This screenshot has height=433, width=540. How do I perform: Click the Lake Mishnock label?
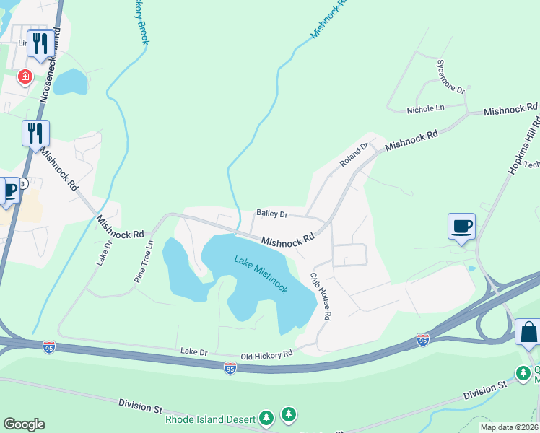pyautogui.click(x=261, y=274)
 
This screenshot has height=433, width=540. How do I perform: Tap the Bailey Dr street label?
pyautogui.click(x=272, y=214)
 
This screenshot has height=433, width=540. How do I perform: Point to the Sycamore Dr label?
pyautogui.click(x=450, y=76)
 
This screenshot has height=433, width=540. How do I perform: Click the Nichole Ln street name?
pyautogui.click(x=425, y=109)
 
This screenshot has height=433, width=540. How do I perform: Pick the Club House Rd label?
pyautogui.click(x=321, y=296)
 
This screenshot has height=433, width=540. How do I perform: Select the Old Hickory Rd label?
pyautogui.click(x=266, y=354)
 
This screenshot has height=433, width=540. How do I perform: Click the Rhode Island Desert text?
pyautogui.click(x=210, y=419)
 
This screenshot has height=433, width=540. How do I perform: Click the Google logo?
pyautogui.click(x=24, y=424)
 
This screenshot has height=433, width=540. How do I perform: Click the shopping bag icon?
pyautogui.click(x=528, y=333)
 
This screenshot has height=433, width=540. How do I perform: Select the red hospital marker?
pyautogui.click(x=25, y=76)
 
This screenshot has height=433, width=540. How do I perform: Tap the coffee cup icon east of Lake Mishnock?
pyautogui.click(x=461, y=227)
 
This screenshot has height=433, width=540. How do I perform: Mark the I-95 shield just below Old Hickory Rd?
pyautogui.click(x=230, y=369)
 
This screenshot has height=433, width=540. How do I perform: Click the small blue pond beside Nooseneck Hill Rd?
pyautogui.click(x=69, y=82)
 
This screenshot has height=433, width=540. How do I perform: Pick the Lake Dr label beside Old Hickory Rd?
pyautogui.click(x=193, y=352)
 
